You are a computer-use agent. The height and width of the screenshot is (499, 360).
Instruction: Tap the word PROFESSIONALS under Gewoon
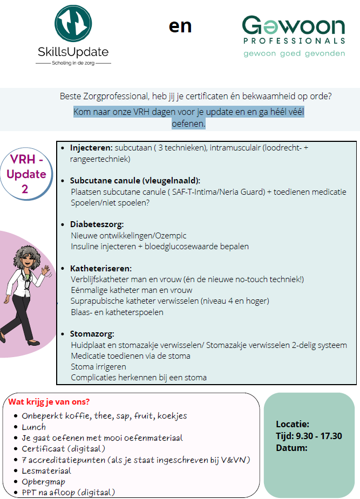(294, 40)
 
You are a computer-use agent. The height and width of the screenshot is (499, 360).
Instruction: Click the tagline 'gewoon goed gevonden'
(294, 53)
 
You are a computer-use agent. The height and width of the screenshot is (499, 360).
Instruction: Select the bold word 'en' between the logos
(180, 26)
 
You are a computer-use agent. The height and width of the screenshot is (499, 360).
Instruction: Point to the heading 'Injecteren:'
(91, 148)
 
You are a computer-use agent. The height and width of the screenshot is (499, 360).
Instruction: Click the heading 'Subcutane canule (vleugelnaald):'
(135, 181)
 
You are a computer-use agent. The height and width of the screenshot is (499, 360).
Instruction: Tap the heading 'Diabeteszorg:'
(97, 224)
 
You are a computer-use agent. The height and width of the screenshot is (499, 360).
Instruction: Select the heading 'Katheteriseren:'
(100, 268)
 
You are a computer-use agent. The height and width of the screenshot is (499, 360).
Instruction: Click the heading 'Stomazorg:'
(92, 334)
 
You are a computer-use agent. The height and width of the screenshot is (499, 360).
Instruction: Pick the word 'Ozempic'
(169, 235)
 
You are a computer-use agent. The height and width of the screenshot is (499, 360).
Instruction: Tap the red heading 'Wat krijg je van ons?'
(49, 402)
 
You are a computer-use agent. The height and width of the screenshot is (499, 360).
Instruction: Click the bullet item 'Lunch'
(33, 427)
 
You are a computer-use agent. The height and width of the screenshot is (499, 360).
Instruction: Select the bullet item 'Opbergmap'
(43, 481)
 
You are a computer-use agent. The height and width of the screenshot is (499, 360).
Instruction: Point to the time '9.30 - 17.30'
(319, 436)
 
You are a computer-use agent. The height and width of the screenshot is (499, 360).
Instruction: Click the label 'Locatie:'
(293, 424)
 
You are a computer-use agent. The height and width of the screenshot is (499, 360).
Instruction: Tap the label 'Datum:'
(291, 448)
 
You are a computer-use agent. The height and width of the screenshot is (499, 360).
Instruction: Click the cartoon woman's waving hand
(46, 268)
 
